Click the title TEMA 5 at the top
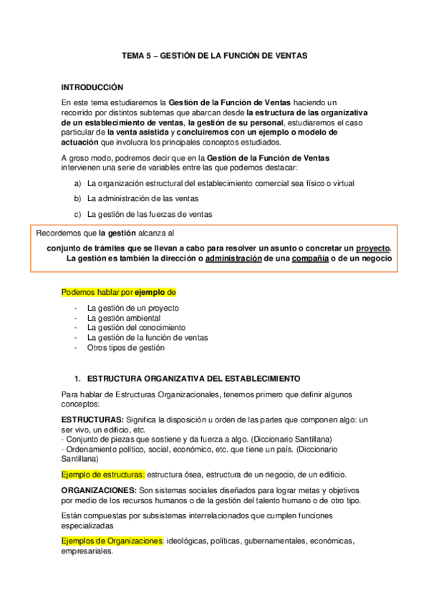[x=214, y=54]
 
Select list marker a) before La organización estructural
[x=77, y=183]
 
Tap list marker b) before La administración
[x=77, y=198]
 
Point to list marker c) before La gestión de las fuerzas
[x=77, y=213]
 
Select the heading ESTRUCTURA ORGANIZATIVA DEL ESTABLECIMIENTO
[x=193, y=378]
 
